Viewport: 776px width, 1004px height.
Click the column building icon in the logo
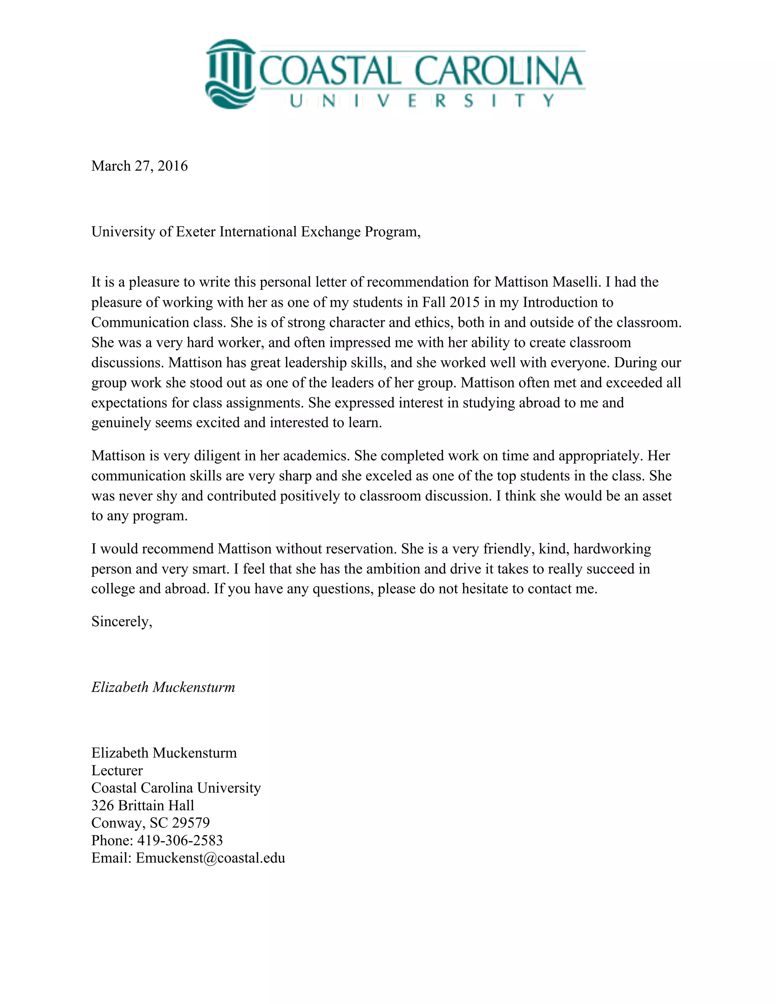[230, 74]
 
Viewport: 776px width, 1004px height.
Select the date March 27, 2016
[139, 166]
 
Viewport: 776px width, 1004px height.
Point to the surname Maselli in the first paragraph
[575, 282]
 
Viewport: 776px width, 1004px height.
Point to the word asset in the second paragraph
[657, 496]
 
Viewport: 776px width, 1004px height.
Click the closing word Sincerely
[121, 621]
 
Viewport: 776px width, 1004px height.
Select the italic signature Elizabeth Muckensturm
[163, 687]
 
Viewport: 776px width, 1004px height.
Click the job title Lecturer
[117, 771]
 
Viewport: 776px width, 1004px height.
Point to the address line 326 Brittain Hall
[142, 805]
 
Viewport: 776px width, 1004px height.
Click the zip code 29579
[191, 823]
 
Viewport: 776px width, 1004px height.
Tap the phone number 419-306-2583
[180, 840]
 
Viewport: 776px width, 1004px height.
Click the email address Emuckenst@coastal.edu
[210, 858]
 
